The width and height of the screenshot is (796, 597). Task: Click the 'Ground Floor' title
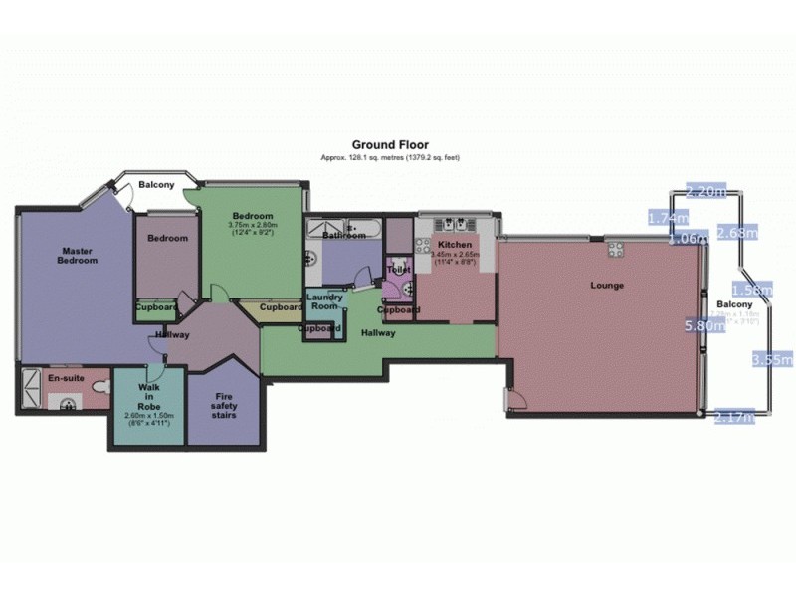[390, 145]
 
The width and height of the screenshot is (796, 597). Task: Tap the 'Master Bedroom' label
[79, 256]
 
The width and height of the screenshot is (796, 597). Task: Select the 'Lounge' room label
[606, 286]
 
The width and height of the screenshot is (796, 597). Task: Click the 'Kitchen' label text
[454, 245]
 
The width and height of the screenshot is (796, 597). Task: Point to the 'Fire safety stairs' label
[226, 405]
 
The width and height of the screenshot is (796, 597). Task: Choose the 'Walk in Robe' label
[149, 395]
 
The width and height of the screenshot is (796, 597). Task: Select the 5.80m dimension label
[703, 324]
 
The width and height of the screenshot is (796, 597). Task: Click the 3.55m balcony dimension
[772, 359]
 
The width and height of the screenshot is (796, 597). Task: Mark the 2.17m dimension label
[735, 419]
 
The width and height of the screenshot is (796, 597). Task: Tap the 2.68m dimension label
[737, 233]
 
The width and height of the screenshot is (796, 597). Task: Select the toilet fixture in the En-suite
[99, 384]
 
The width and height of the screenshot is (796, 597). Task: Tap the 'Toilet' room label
[399, 270]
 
